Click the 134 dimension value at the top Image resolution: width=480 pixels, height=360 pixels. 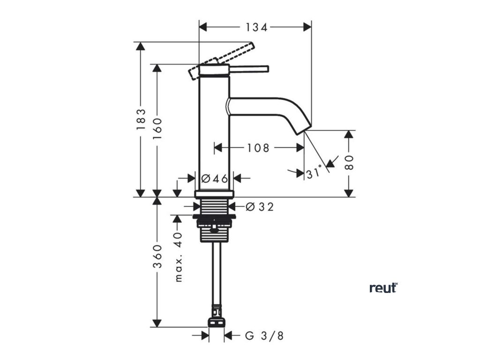[256, 28]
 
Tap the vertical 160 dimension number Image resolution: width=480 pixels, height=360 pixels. [157, 127]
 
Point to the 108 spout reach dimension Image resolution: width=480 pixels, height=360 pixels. [258, 148]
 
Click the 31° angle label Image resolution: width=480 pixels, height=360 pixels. [315, 173]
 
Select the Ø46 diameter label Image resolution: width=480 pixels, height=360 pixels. [214, 179]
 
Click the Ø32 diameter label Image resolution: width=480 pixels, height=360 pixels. [259, 207]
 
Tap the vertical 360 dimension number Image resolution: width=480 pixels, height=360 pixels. [157, 256]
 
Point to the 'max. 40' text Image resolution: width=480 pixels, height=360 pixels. [179, 258]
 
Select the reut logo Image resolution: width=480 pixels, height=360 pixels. [383, 288]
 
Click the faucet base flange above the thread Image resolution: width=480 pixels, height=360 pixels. [214, 194]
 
